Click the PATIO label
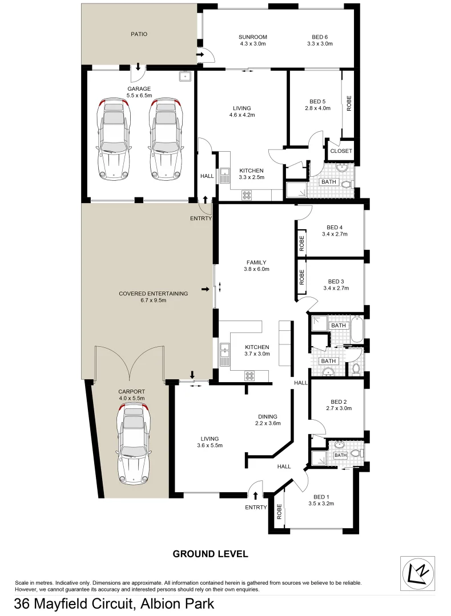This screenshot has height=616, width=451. [139, 34]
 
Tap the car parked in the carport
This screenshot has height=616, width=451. [134, 442]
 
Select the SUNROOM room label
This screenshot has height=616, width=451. [253, 37]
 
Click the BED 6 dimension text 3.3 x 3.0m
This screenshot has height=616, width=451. [320, 44]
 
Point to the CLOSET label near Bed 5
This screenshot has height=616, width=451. [341, 151]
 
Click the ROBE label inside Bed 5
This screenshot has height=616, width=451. [349, 103]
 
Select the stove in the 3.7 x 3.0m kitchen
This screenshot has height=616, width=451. [249, 375]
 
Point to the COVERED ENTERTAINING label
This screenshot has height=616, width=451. [153, 294]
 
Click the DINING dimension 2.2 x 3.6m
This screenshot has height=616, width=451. [267, 423]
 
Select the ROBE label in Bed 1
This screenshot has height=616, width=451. [280, 511]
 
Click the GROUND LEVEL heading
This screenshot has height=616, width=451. [210, 554]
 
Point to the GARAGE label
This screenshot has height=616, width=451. [139, 88]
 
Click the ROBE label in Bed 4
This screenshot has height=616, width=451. [302, 244]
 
